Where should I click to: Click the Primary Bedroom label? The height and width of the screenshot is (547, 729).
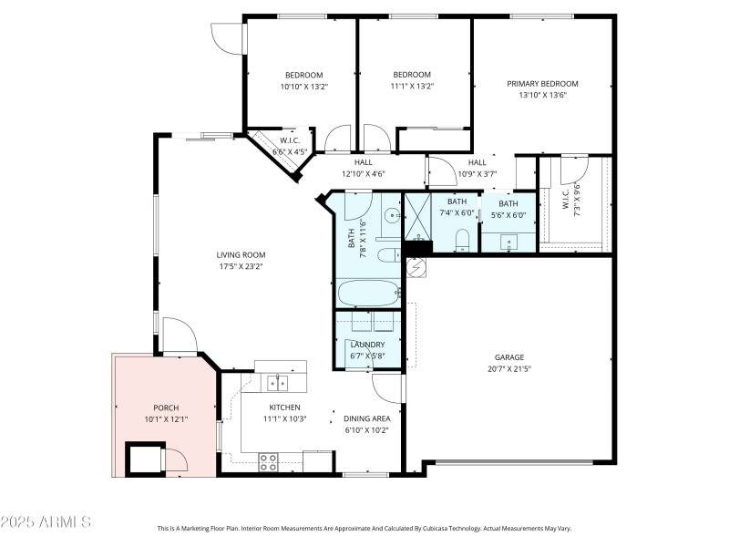[x=542, y=84]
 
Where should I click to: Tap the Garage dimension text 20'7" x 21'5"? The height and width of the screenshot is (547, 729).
[x=509, y=369]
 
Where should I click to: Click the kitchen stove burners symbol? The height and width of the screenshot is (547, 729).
[x=269, y=462]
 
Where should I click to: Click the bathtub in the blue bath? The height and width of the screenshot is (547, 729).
[x=368, y=294]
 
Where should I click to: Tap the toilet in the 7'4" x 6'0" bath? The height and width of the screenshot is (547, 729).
[x=462, y=239]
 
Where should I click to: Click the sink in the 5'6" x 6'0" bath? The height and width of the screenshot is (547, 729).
[x=507, y=240]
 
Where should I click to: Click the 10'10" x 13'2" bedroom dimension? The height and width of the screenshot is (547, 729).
[x=303, y=87]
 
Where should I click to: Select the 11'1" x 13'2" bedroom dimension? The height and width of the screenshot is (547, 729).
[x=412, y=87]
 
